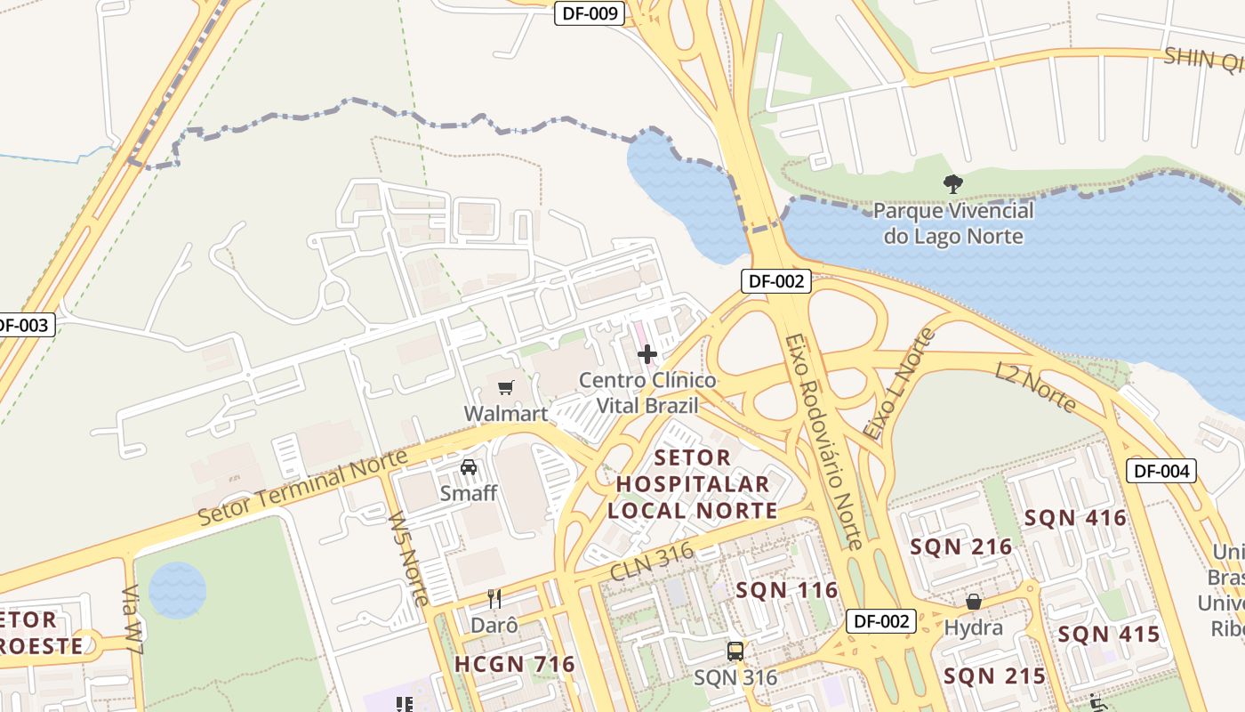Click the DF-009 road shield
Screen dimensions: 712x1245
(x=589, y=13)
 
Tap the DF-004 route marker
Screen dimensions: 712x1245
(x=1161, y=471)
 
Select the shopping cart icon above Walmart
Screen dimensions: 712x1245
(x=506, y=387)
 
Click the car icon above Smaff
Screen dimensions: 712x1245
(x=469, y=466)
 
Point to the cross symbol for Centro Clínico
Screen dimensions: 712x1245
(x=647, y=354)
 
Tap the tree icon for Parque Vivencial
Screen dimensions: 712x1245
(x=953, y=184)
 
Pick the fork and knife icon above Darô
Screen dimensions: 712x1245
(x=494, y=599)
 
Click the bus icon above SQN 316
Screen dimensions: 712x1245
(x=735, y=651)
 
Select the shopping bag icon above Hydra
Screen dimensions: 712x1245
(x=974, y=602)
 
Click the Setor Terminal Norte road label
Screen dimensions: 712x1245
(x=302, y=487)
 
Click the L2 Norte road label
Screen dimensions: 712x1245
(x=1036, y=387)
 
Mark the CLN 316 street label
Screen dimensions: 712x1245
(x=652, y=563)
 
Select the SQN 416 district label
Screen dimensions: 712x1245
(x=1075, y=518)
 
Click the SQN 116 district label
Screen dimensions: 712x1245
(x=787, y=590)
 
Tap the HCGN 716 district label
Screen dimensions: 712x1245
(x=515, y=664)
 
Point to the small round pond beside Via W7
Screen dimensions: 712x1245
(x=178, y=590)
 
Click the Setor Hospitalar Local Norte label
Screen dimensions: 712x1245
(x=693, y=484)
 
